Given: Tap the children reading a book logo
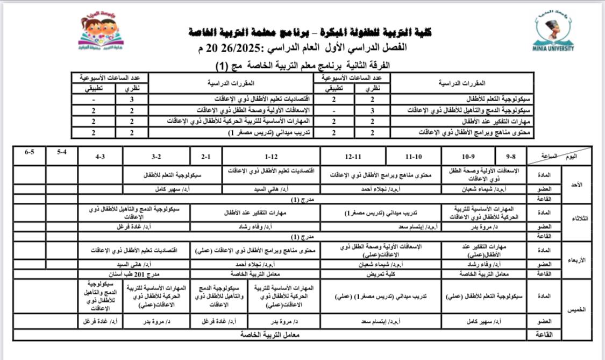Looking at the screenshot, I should coord(101,33).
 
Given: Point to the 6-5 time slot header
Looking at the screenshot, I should coord(30,153).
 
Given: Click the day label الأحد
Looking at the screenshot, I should coord(576,184).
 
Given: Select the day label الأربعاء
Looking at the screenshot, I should coord(576,260).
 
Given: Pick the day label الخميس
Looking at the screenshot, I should coord(576,310).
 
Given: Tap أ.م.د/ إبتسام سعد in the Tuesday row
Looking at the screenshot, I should coord(421,227).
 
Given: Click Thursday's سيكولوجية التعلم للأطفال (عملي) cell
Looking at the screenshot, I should coord(483,297).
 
